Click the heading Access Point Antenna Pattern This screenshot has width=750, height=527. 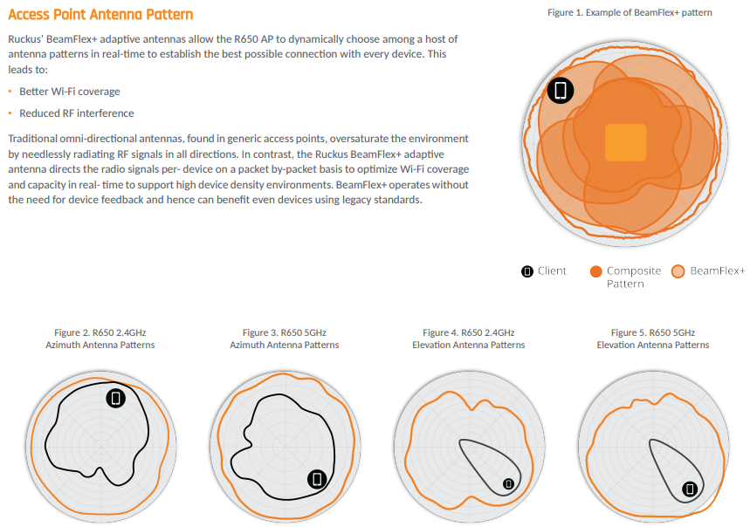tap(100, 14)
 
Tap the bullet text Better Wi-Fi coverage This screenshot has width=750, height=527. tap(70, 92)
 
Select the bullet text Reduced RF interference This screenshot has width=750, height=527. tap(77, 113)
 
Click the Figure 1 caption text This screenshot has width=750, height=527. tap(630, 12)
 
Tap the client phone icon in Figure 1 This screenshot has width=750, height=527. tap(561, 90)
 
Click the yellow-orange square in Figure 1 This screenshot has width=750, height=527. tap(626, 142)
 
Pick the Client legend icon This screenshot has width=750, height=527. tap(527, 271)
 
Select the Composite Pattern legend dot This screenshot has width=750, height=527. tap(596, 271)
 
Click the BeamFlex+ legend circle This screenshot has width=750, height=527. tap(678, 271)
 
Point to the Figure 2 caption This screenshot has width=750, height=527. tap(100, 339)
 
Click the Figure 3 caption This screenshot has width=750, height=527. tap(284, 339)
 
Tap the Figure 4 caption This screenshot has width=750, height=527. tap(469, 339)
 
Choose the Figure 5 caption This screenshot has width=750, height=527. tap(653, 339)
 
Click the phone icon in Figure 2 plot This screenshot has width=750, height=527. tap(116, 398)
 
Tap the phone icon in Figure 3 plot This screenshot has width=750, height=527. tap(317, 479)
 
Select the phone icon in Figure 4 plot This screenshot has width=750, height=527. tap(508, 484)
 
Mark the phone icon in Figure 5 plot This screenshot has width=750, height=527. tap(690, 489)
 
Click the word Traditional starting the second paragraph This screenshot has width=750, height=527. tap(31, 139)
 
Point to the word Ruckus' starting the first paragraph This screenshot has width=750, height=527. tap(25, 39)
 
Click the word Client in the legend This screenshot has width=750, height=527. tap(552, 270)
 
